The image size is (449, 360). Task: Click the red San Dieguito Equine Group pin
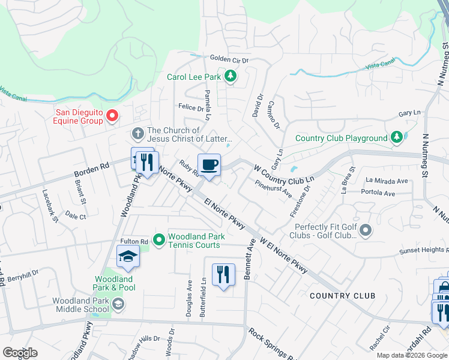click(111, 115)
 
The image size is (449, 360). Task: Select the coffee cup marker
click(209, 165)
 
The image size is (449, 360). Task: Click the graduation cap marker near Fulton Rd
click(128, 257)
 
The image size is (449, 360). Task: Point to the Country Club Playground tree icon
click(396, 138)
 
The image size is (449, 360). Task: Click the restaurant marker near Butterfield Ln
click(223, 274)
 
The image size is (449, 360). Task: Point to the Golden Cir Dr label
click(229, 59)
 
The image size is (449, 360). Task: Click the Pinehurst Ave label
click(273, 190)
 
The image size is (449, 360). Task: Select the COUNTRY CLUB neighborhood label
click(342, 296)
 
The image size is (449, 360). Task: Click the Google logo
click(20, 353)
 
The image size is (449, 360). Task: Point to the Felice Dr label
click(190, 107)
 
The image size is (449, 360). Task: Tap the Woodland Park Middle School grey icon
click(119, 305)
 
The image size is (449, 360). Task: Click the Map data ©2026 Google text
click(412, 355)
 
